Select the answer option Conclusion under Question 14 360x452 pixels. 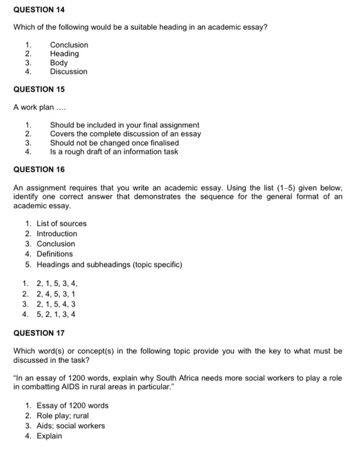[69, 45]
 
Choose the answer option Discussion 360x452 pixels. [68, 72]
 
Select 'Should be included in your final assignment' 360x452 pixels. [125, 125]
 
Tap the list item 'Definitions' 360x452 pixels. [55, 254]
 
